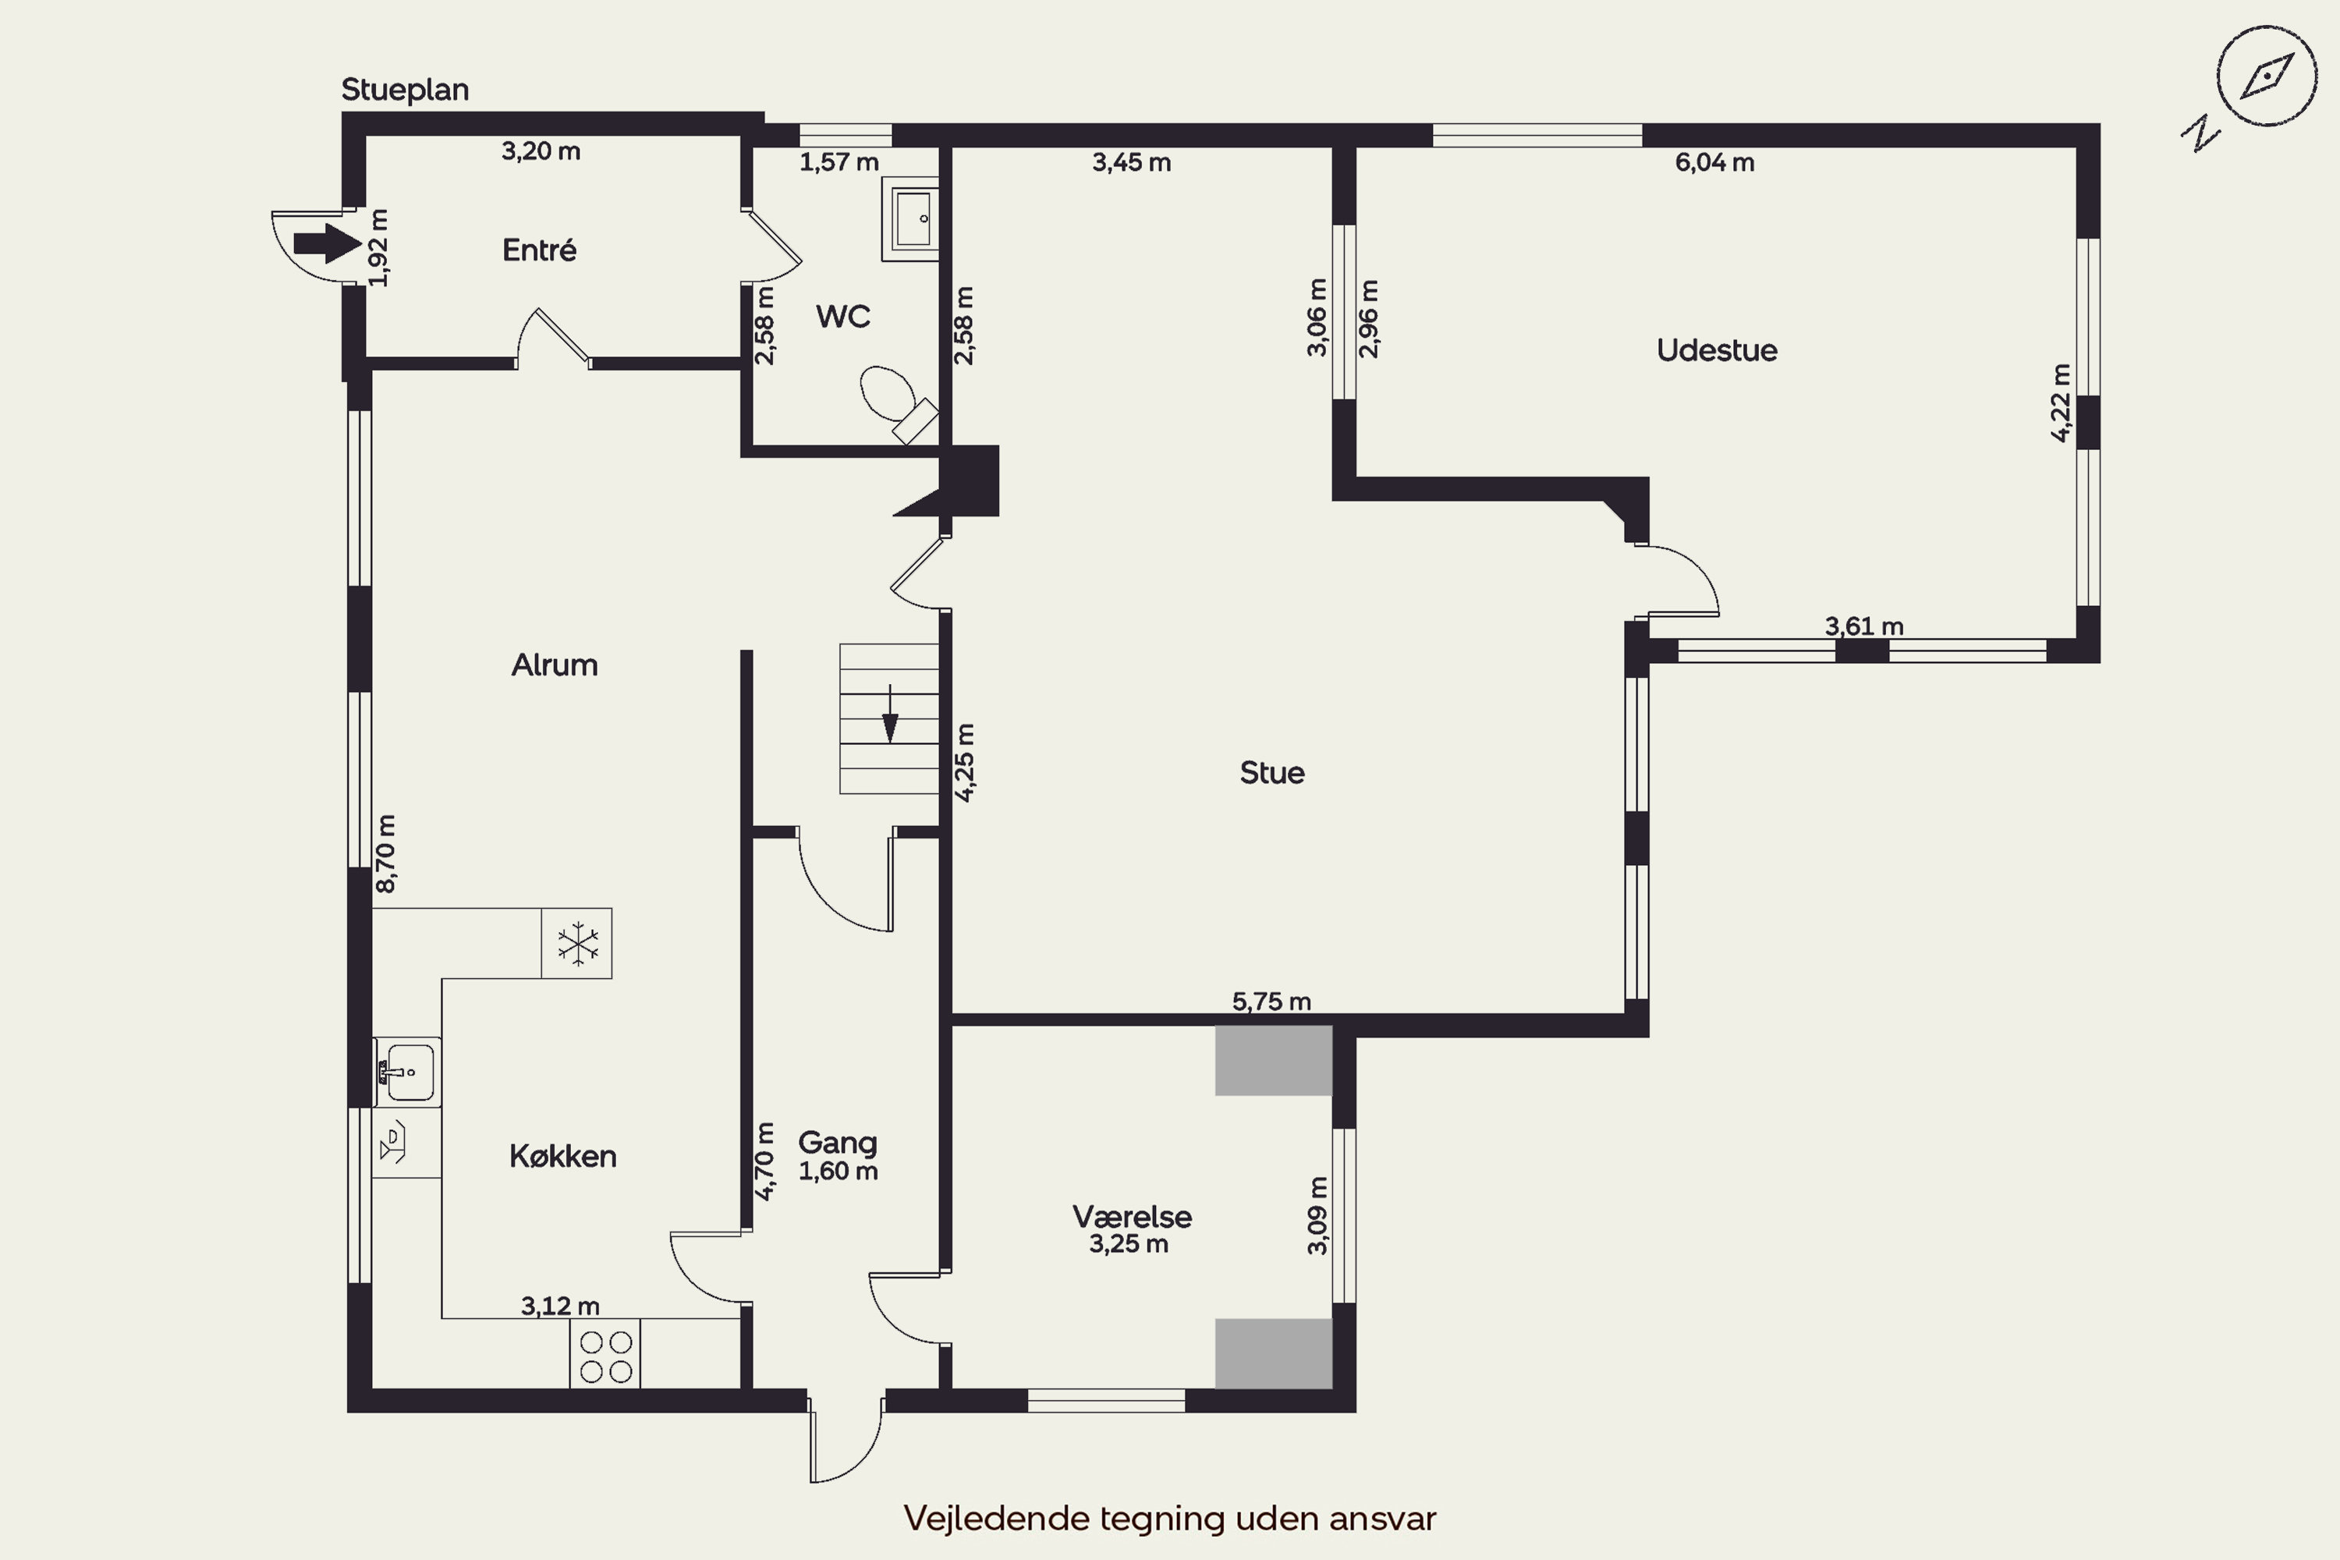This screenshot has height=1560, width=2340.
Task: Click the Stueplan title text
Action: point(405,90)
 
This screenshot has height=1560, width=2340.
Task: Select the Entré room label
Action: point(539,250)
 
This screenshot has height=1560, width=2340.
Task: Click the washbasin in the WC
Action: point(910,220)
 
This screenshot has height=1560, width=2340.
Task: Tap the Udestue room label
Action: point(1716,350)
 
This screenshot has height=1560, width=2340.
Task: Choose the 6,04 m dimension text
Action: point(1714,162)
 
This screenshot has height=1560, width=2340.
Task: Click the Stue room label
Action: point(1271,773)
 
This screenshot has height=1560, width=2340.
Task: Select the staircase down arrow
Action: point(891,714)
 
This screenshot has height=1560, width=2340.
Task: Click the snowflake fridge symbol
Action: point(577,943)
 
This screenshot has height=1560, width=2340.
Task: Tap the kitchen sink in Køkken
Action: point(407,1072)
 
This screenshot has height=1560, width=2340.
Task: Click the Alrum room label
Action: point(554,665)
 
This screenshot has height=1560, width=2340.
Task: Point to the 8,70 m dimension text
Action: point(386,853)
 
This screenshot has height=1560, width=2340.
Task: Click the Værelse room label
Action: point(1133,1216)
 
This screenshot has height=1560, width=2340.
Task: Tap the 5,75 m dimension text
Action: point(1271,1001)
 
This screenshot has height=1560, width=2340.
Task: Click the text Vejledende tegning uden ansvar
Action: point(1170,1518)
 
